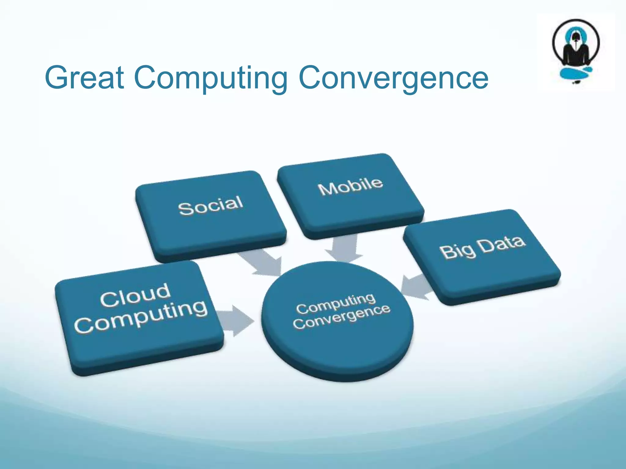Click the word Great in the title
click(85, 78)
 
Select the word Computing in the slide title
click(211, 78)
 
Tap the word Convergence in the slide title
click(393, 78)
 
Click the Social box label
click(211, 205)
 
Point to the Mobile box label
click(350, 186)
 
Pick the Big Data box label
click(482, 247)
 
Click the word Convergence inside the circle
click(341, 317)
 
